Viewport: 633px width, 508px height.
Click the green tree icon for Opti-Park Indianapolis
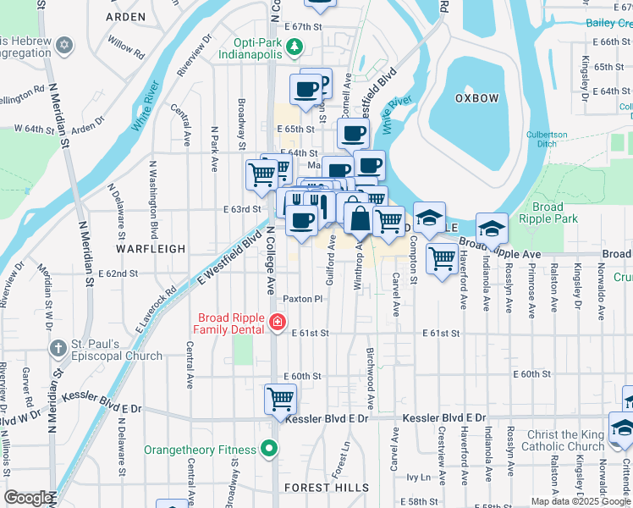click(x=294, y=47)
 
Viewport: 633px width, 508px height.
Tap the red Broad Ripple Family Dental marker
click(x=276, y=322)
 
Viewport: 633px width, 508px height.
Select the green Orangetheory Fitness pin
click(x=270, y=449)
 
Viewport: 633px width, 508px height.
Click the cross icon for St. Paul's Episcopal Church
click(x=58, y=348)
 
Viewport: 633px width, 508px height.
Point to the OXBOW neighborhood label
click(x=476, y=98)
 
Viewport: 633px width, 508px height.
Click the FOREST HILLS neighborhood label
click(x=327, y=488)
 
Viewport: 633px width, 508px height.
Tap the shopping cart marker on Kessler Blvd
click(x=280, y=398)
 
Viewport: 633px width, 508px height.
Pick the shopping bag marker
click(x=360, y=218)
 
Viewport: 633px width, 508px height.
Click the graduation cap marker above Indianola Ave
click(x=492, y=227)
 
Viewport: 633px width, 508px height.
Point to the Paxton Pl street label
click(x=303, y=299)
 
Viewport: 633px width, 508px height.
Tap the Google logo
click(x=28, y=498)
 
